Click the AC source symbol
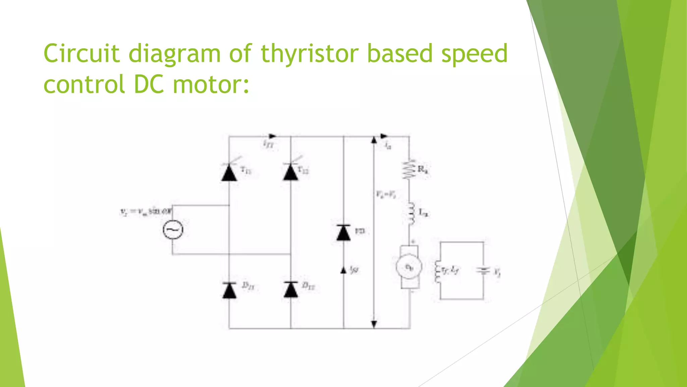pos(173,230)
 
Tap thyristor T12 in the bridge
pos(290,172)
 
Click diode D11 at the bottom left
pos(229,290)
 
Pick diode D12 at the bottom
pos(290,290)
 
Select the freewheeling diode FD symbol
pos(343,232)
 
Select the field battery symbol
pos(483,271)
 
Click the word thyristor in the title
pos(309,54)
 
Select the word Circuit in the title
pos(82,54)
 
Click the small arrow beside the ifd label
pos(343,270)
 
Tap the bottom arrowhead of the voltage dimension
pos(374,324)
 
